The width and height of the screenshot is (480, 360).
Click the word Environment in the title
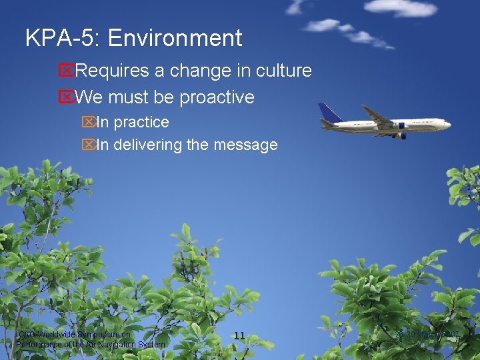175,38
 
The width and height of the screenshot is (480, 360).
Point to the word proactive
217,97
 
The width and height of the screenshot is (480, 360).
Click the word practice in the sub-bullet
141,123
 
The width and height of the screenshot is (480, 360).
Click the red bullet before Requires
65,71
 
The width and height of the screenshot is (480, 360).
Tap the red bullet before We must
65,97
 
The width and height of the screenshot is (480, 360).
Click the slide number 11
240,335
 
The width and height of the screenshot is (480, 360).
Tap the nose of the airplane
448,123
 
